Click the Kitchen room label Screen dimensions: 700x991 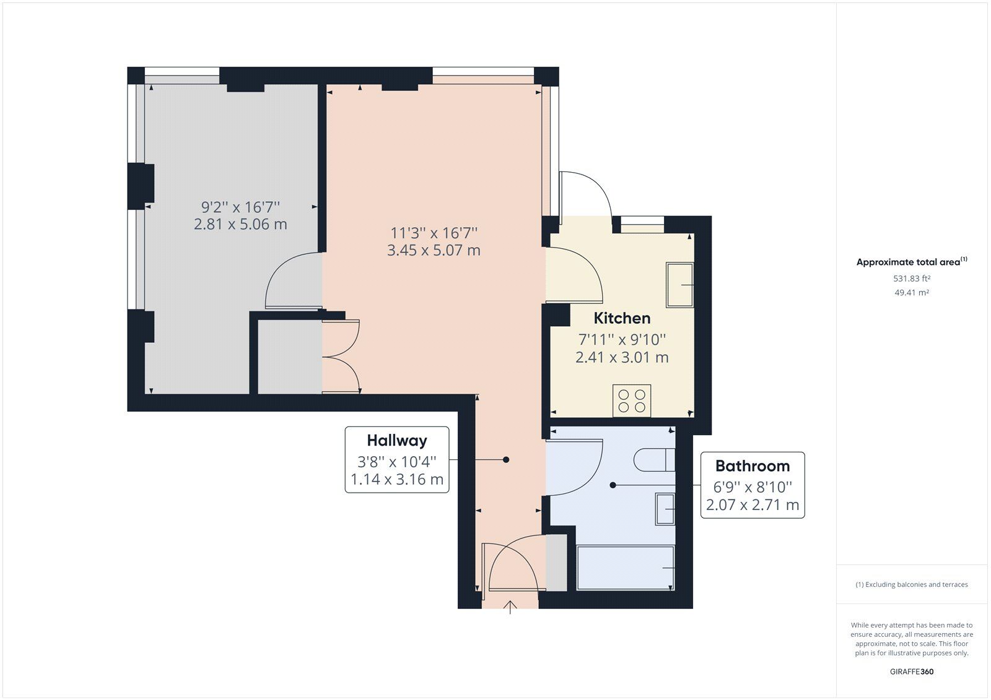(x=622, y=318)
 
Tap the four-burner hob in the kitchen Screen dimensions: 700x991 (x=632, y=400)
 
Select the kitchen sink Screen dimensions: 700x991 (x=679, y=285)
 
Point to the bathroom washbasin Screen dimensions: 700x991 (x=665, y=509)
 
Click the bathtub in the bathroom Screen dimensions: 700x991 (x=625, y=568)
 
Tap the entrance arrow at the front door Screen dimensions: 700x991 (x=510, y=607)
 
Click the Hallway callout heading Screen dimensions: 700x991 (x=397, y=441)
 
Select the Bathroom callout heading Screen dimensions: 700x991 (x=753, y=466)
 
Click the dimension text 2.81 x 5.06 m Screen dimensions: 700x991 (x=240, y=224)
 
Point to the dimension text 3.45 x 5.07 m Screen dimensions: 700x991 (x=434, y=251)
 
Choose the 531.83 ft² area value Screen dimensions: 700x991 (x=912, y=279)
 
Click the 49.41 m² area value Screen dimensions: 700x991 (x=912, y=293)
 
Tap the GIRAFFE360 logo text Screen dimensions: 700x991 (x=912, y=672)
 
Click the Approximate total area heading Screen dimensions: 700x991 (x=910, y=262)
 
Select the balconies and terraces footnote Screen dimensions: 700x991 (x=912, y=584)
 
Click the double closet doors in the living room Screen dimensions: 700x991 (x=341, y=356)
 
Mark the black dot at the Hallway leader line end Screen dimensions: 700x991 (x=506, y=460)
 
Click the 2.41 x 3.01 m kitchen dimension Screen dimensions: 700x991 (x=622, y=358)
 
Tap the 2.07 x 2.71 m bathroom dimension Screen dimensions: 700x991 (x=753, y=505)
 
